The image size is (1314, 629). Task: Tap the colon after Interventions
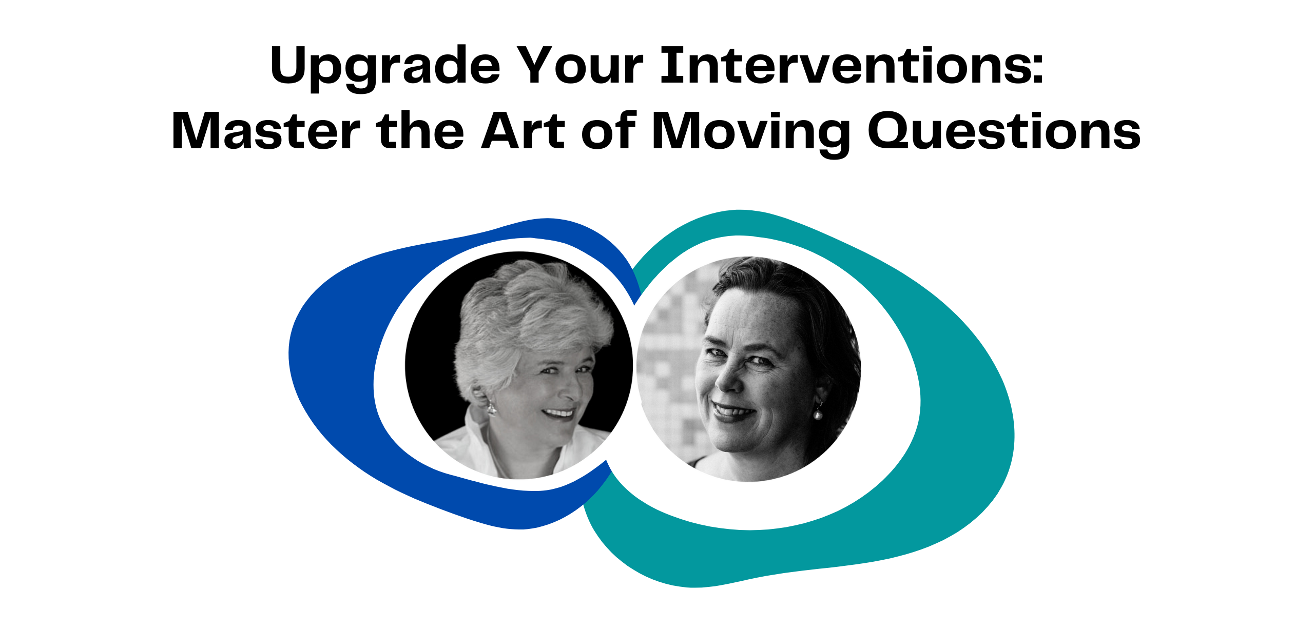coord(1037,70)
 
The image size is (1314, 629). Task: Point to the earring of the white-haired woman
coord(491,408)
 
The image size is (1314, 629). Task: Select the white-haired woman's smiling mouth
coord(559,413)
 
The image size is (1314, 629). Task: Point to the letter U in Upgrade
coord(291,65)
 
